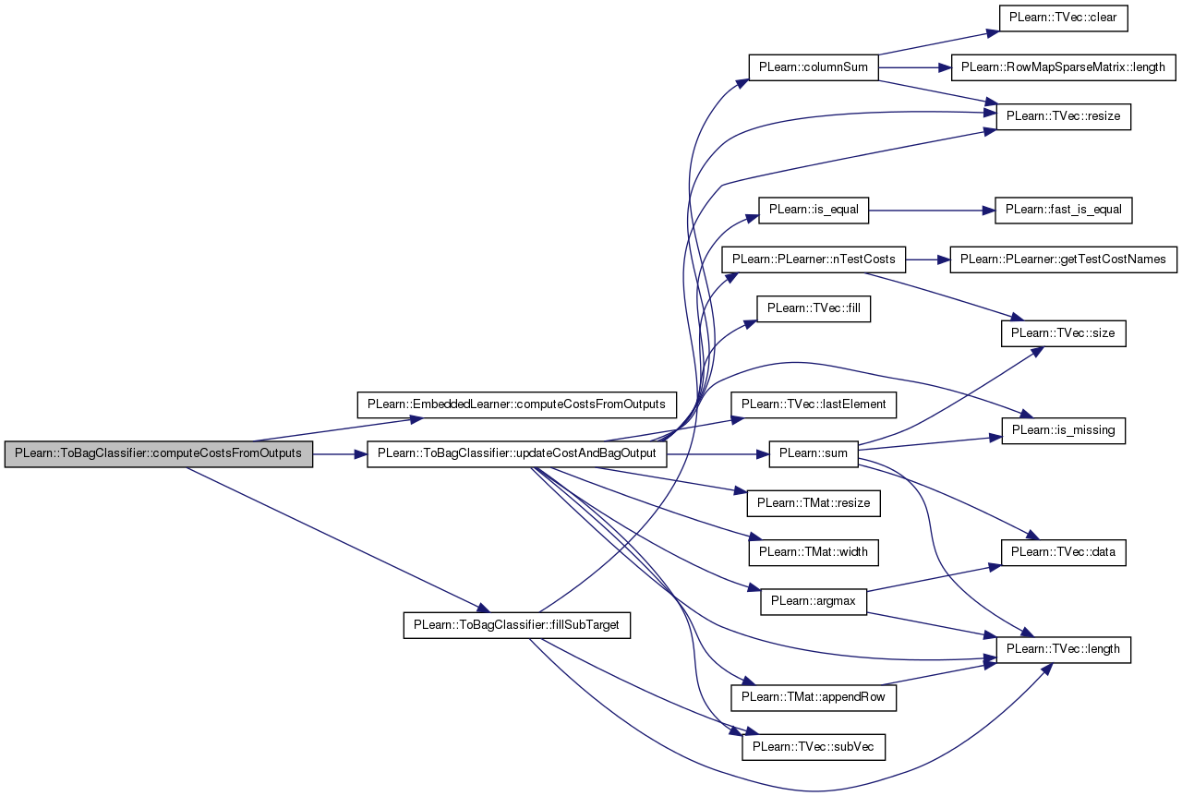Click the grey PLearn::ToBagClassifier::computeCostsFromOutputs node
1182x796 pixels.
click(x=158, y=454)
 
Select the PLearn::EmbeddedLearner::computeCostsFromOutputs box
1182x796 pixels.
click(x=516, y=404)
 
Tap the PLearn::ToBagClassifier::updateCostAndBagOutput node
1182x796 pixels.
click(x=516, y=454)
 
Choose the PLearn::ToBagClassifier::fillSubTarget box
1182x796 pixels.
click(x=516, y=625)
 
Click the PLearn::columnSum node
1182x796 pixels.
click(x=814, y=67)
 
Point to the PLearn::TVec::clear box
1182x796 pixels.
click(x=1063, y=18)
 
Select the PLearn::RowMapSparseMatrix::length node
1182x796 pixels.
click(x=1063, y=67)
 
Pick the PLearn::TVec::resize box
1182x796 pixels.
click(x=1063, y=116)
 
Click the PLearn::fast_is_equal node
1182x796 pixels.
click(x=1063, y=211)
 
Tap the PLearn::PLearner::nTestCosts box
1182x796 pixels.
click(x=814, y=259)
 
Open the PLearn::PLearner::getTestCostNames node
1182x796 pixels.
click(x=1063, y=259)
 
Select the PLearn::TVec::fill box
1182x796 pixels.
click(x=814, y=308)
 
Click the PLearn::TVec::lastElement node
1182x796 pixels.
click(x=814, y=404)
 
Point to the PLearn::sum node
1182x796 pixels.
click(x=814, y=454)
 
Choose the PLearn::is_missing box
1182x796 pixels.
click(x=1063, y=430)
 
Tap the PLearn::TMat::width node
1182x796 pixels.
click(x=814, y=552)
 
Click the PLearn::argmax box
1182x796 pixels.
click(x=814, y=602)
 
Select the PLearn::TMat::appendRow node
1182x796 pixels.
click(x=814, y=698)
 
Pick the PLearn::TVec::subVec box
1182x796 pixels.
click(x=814, y=747)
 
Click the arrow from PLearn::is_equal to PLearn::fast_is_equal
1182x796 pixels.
click(x=932, y=211)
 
